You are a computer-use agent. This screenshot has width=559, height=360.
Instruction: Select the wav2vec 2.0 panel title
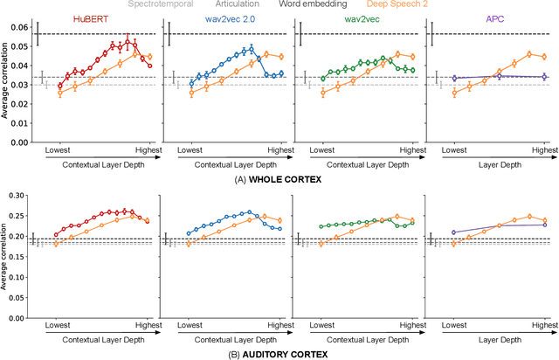click(x=222, y=16)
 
